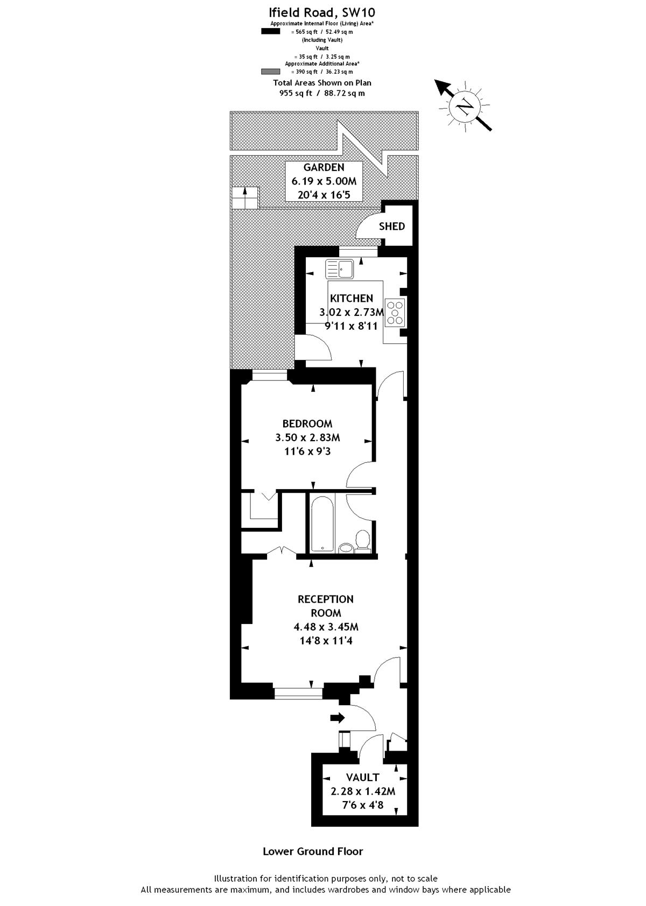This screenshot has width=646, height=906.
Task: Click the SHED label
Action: pyautogui.click(x=392, y=226)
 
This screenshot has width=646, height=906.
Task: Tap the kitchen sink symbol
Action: pyautogui.click(x=340, y=269)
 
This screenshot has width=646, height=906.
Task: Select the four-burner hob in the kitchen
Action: pyautogui.click(x=395, y=312)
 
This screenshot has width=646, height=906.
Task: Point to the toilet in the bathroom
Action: pyautogui.click(x=363, y=542)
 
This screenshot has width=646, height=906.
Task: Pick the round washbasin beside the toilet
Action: pyautogui.click(x=345, y=548)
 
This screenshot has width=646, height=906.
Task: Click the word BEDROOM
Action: pyautogui.click(x=307, y=423)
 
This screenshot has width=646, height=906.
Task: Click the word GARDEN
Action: pyautogui.click(x=324, y=167)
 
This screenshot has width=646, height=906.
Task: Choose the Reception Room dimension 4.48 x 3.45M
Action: pyautogui.click(x=326, y=627)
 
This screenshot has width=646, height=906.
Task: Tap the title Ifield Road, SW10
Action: pyautogui.click(x=322, y=12)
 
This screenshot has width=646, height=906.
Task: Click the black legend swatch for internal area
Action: pyautogui.click(x=271, y=31)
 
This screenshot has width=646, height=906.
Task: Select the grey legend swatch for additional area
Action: pyautogui.click(x=271, y=72)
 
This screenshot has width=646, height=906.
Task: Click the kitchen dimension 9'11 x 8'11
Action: pyautogui.click(x=352, y=326)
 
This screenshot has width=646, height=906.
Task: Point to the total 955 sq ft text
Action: pyautogui.click(x=296, y=93)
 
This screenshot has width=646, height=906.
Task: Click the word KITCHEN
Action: pyautogui.click(x=352, y=299)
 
